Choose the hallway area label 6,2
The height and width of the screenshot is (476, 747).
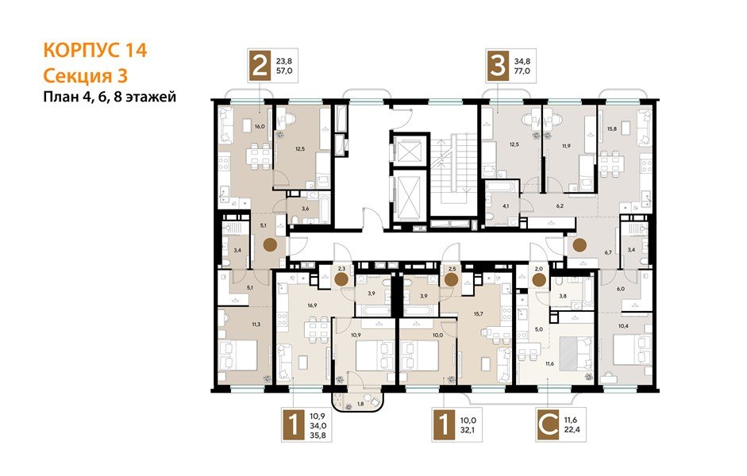pos(559,205)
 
